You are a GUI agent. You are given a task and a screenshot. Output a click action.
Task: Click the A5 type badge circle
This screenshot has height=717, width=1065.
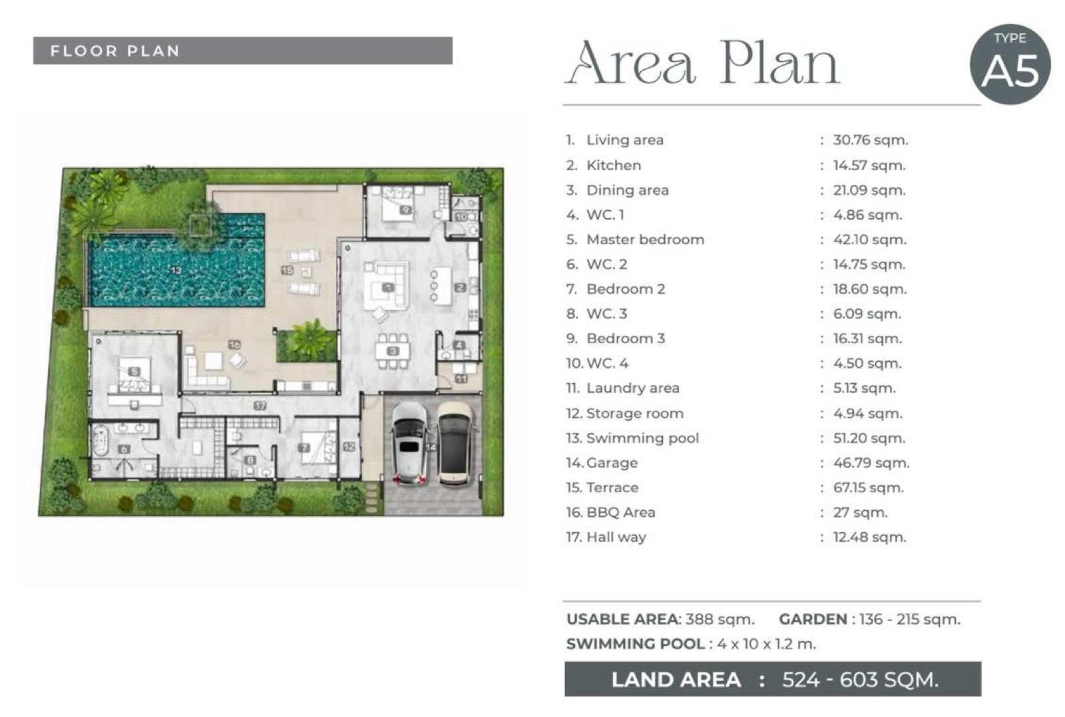click(1010, 64)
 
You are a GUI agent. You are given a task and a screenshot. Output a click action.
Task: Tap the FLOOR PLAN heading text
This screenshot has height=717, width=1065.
click(115, 51)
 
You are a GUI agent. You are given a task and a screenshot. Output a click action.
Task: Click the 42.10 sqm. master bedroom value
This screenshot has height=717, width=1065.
click(869, 239)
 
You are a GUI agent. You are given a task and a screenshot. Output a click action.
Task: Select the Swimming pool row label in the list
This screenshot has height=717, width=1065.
click(642, 438)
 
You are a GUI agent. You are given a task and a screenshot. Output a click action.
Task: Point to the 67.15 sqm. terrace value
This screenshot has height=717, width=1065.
click(868, 488)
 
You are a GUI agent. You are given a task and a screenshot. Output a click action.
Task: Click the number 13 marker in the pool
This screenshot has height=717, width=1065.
click(176, 270)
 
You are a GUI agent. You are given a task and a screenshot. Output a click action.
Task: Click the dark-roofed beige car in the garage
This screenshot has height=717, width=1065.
click(455, 444)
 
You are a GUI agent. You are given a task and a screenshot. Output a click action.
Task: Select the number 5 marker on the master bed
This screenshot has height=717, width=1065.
click(134, 372)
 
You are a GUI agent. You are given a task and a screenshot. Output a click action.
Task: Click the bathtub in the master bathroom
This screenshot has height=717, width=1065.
click(101, 442)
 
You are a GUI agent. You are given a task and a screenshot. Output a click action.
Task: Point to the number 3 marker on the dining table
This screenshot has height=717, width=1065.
click(393, 351)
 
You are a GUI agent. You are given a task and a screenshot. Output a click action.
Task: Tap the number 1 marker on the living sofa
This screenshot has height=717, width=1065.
click(389, 287)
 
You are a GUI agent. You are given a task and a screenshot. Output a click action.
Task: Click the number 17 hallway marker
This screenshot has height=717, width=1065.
click(260, 406)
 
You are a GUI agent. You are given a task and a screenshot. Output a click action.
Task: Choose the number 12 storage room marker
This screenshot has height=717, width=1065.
click(349, 447)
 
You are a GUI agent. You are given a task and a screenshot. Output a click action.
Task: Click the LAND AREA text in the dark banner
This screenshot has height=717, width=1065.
click(676, 680)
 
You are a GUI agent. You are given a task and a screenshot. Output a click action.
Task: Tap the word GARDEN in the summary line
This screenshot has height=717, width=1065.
click(813, 619)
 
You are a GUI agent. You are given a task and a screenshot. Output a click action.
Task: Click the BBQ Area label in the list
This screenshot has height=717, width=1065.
click(621, 512)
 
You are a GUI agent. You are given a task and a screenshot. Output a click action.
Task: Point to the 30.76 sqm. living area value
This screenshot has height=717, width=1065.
click(871, 140)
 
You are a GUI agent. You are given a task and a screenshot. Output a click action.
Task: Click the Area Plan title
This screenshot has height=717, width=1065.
click(702, 64)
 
